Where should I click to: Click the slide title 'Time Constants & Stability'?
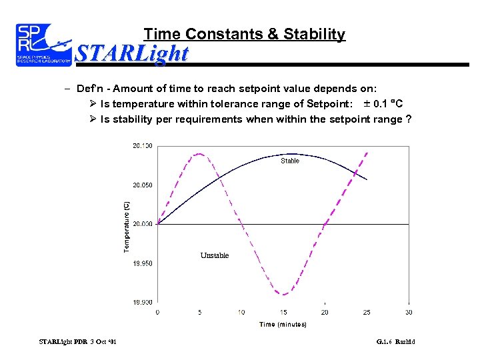pyautogui.click(x=244, y=34)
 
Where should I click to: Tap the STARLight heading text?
pyautogui.click(x=132, y=53)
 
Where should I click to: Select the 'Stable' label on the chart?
pyautogui.click(x=290, y=161)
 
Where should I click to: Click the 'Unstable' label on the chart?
pyautogui.click(x=215, y=255)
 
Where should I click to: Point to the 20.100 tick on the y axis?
pyautogui.click(x=142, y=145)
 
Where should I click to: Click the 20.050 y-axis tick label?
pyautogui.click(x=142, y=185)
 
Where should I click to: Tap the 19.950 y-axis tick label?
pyautogui.click(x=142, y=263)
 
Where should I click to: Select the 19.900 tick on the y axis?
pyautogui.click(x=142, y=302)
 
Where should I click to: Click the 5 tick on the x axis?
pyautogui.click(x=199, y=311)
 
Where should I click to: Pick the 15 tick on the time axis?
pyautogui.click(x=283, y=311)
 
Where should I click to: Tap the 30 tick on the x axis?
pyautogui.click(x=408, y=311)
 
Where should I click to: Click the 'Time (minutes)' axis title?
pyautogui.click(x=283, y=325)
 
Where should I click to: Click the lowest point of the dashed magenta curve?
pyautogui.click(x=283, y=294)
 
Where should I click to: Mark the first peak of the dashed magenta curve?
pyautogui.click(x=199, y=154)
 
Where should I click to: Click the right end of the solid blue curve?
pyautogui.click(x=367, y=179)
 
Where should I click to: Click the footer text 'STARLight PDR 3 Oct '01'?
pyautogui.click(x=78, y=342)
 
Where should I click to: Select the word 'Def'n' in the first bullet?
pyautogui.click(x=91, y=88)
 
